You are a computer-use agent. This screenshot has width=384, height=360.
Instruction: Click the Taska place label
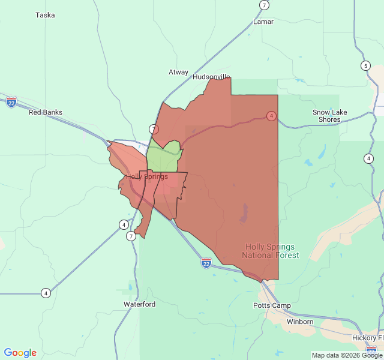point(45,15)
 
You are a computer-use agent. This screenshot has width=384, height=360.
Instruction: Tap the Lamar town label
point(263,22)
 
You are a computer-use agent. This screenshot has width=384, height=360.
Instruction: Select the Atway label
point(178,72)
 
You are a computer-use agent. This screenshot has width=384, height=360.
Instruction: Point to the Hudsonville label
point(211,77)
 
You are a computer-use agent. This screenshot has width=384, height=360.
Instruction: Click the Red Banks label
point(46,112)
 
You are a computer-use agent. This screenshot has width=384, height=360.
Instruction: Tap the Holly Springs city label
point(147,176)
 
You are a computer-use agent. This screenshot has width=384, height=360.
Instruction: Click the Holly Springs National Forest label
point(271,251)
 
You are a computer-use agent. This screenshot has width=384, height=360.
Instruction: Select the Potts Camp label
point(272,305)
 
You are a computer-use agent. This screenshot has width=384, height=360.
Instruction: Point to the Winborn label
point(300,322)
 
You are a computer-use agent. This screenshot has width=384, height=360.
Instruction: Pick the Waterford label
point(140,304)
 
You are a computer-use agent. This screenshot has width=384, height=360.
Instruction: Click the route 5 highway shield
point(365,65)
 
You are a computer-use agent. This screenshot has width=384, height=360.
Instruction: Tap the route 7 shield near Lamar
point(264,5)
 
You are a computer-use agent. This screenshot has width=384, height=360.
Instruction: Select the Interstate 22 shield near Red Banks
point(11,102)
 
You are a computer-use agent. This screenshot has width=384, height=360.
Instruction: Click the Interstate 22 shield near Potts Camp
point(206,263)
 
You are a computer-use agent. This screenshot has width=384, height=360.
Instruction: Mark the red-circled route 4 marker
point(271,115)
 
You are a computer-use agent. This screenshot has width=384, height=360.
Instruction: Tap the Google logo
point(20,353)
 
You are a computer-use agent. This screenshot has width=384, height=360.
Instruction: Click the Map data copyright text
point(347,355)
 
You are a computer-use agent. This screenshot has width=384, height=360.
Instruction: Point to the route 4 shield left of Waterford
point(46,293)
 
